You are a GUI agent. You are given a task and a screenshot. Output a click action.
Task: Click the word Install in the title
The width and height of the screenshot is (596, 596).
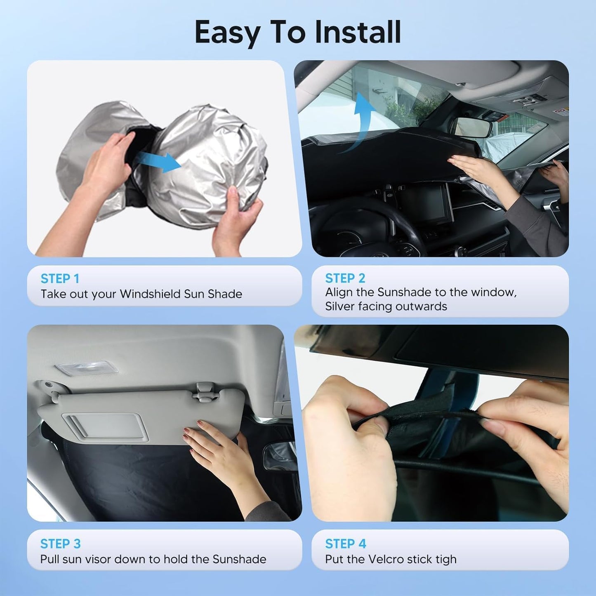(x=357, y=32)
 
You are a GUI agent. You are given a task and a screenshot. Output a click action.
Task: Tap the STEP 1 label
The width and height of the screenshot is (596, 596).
(x=60, y=279)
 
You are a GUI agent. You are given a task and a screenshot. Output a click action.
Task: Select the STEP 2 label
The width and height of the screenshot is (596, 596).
(x=345, y=278)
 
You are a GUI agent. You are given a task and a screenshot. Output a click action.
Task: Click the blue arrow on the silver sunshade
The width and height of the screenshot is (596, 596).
(x=158, y=161)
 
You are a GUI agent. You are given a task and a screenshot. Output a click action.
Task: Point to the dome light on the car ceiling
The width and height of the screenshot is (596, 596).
(x=86, y=368)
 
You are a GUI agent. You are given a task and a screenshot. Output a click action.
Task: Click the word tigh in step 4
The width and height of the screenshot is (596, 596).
(x=444, y=560)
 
